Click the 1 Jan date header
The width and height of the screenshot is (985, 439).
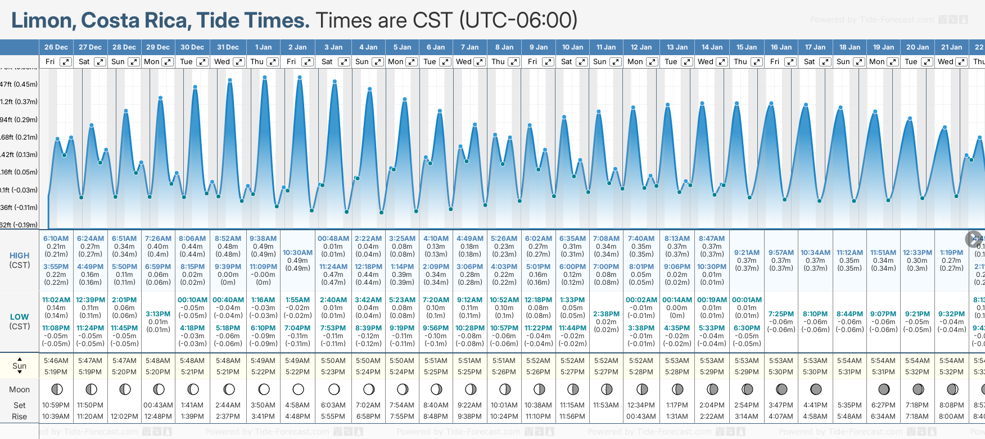[x=263, y=47]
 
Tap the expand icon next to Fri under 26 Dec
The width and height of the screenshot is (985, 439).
[x=66, y=62]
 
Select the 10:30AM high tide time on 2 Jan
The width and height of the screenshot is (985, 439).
[x=297, y=253]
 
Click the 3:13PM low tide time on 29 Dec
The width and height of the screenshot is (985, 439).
[x=158, y=314]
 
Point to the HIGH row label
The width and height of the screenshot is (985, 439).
[x=20, y=256]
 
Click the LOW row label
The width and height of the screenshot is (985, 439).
[x=20, y=317]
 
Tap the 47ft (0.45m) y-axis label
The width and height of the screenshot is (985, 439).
[x=19, y=84]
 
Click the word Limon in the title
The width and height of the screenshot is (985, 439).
[x=43, y=21]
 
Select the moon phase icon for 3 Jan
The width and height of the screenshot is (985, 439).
[x=334, y=389]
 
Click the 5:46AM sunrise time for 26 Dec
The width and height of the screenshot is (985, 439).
[x=56, y=361]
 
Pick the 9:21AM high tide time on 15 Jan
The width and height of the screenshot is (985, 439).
[x=747, y=253]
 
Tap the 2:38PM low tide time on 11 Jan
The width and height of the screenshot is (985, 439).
[x=606, y=314]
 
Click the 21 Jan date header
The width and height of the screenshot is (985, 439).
[x=951, y=47]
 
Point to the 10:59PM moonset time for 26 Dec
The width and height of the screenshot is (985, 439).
[x=56, y=405]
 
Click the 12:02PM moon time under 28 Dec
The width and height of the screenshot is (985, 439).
[x=124, y=416]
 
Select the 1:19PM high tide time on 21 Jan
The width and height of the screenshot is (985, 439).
[x=951, y=253]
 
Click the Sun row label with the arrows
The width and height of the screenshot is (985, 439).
[x=20, y=366]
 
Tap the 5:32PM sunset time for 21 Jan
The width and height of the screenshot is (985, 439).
[x=951, y=372]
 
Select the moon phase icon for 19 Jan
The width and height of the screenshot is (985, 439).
[x=884, y=389]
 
